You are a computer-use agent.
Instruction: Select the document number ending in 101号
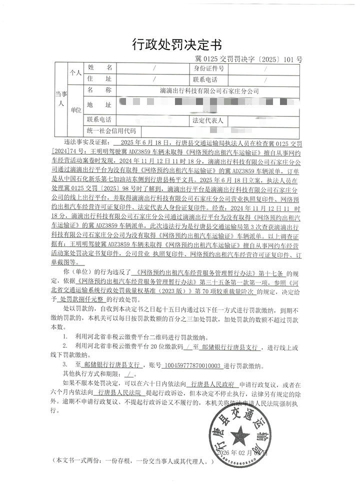pos(248,59)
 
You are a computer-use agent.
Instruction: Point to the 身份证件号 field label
pos(208,68)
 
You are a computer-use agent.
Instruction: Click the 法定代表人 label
pos(208,120)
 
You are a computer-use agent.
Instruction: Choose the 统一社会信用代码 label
pos(111,131)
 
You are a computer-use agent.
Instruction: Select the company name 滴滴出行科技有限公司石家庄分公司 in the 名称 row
pos(206,92)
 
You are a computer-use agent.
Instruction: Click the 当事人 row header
pos(59,99)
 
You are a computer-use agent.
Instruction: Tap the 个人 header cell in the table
pos(75,73)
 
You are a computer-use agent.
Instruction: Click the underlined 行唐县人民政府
pos(206,385)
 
